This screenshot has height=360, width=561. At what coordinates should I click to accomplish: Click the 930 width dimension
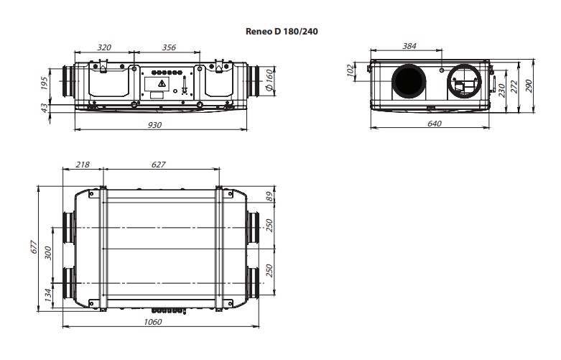(x=155, y=124)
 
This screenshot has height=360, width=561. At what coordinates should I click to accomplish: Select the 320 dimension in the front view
(x=104, y=47)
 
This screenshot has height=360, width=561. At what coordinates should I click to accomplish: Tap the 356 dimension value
(x=169, y=47)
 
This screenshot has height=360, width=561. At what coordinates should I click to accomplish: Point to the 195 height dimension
(x=45, y=83)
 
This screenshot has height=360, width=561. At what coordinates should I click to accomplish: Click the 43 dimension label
(x=45, y=107)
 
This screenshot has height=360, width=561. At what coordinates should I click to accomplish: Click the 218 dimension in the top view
(x=83, y=165)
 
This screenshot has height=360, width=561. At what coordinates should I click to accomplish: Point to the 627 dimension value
(x=159, y=165)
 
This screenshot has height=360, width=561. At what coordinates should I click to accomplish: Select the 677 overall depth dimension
(x=33, y=247)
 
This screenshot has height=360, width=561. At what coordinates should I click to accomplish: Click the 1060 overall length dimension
(x=153, y=322)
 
